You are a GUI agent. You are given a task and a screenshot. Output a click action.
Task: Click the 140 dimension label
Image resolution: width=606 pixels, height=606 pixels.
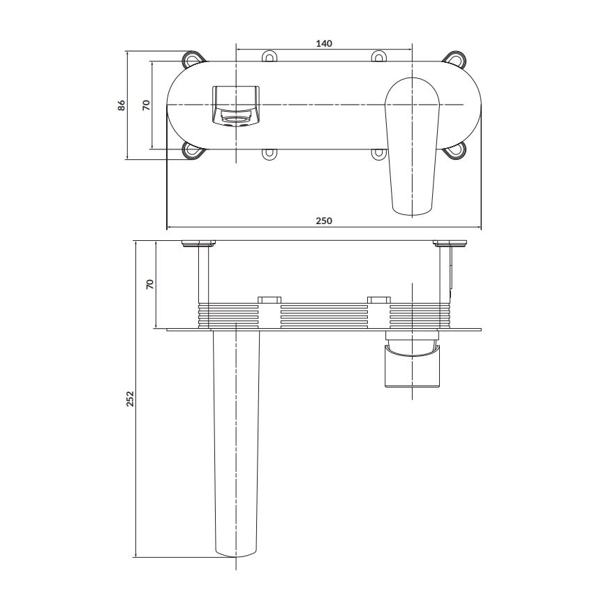pos(323,43)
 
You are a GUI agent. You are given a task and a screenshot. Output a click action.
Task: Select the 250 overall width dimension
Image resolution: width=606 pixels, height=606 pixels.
pos(323,221)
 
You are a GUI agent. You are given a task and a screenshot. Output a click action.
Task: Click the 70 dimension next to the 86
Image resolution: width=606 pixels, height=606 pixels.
pos(146,105)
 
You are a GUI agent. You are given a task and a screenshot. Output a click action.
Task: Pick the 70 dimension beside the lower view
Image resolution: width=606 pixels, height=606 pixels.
pos(149,283)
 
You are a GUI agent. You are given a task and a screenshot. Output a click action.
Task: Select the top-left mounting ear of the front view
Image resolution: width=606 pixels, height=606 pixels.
pos(192,59)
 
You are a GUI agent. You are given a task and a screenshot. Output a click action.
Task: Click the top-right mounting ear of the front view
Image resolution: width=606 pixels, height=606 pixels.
pos(457,59)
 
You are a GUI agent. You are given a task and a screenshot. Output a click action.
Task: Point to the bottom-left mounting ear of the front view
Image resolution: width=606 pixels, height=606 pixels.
pos(192,150)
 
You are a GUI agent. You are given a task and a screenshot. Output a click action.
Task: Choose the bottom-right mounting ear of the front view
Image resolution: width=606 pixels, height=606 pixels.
pos(457,150)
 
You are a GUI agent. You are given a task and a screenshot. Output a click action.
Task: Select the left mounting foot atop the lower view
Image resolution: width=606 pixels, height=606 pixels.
pos(200,244)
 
